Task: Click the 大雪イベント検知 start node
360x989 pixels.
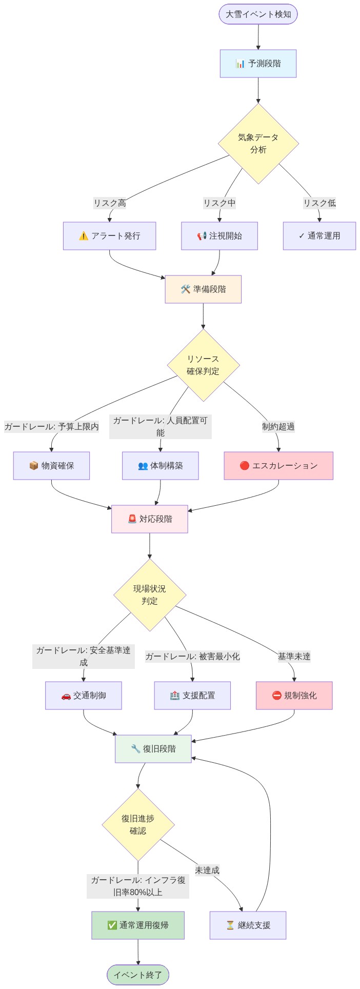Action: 258,14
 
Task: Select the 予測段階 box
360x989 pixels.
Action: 258,64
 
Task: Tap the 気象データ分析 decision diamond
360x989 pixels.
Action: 258,144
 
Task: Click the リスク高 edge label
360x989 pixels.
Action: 109,203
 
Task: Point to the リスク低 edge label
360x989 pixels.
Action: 319,203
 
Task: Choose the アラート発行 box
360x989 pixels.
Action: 109,236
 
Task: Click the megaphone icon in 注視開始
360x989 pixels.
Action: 202,236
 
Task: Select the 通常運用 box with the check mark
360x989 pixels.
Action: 319,236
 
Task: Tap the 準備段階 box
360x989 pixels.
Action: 203,289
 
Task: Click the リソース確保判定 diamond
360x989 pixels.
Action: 203,365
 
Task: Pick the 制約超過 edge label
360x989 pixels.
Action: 278,427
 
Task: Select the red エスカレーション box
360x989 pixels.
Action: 278,466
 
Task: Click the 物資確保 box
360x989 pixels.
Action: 51,466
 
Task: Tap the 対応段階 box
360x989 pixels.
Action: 150,519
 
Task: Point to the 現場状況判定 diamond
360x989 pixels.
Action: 150,595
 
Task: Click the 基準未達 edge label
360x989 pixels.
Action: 294,657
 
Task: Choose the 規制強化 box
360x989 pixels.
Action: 294,696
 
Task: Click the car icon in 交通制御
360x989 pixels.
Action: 66,696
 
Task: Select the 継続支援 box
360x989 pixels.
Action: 248,925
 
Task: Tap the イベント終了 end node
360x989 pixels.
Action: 138,975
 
